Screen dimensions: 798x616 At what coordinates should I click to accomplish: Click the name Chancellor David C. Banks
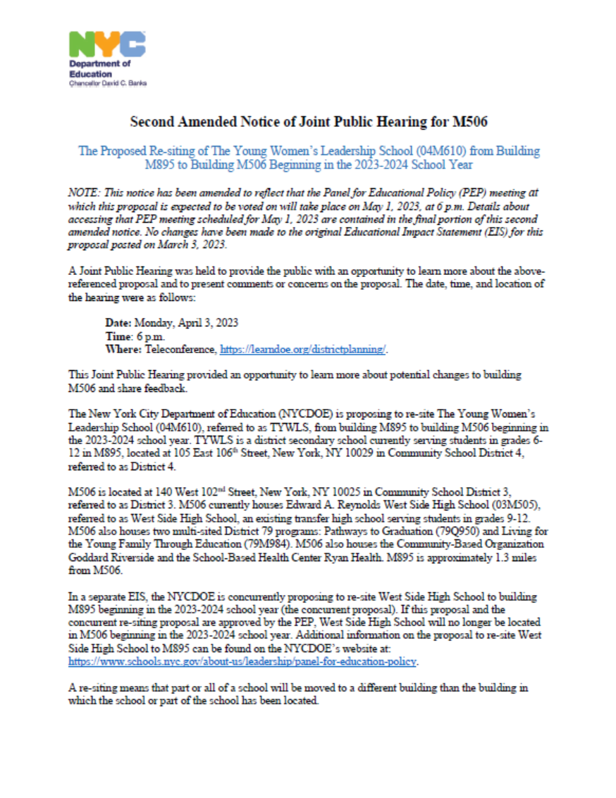point(107,82)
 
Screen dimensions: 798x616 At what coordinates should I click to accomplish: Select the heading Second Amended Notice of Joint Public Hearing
point(308,122)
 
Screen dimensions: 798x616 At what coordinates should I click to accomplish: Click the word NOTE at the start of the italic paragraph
point(82,192)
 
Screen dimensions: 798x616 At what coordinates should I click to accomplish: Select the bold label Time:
point(118,336)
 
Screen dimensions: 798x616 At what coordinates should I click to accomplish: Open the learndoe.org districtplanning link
point(304,349)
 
